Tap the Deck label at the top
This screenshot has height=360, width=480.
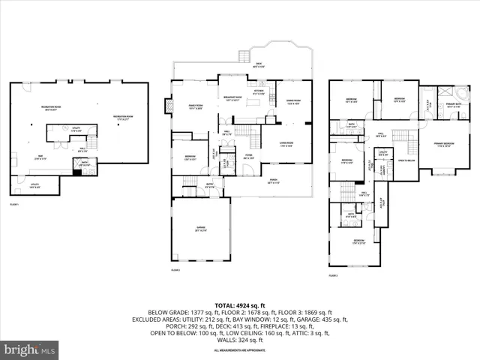click(259, 66)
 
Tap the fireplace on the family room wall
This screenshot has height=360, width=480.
click(170, 106)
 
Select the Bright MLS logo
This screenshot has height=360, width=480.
click(30, 349)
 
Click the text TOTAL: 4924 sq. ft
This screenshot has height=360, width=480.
click(237, 304)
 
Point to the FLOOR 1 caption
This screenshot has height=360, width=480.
click(15, 204)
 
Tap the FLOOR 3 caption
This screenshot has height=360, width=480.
click(333, 276)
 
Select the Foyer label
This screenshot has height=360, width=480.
click(249, 157)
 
